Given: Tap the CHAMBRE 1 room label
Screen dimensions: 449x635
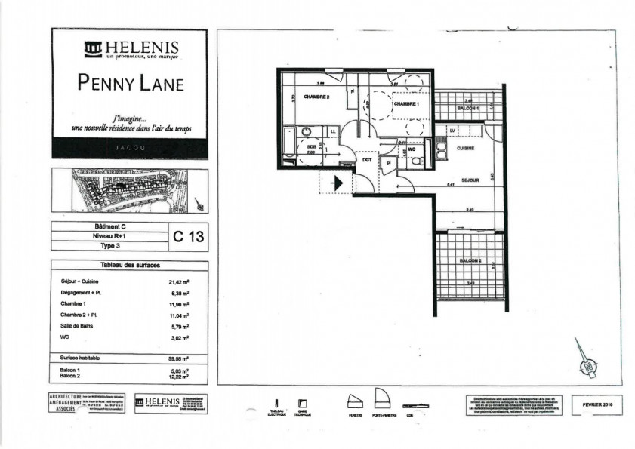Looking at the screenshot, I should (x=405, y=103).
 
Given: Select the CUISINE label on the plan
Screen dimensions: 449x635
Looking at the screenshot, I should (x=465, y=149).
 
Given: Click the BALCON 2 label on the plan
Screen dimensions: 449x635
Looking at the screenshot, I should (x=470, y=260).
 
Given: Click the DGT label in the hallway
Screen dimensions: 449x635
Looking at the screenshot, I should (x=367, y=160).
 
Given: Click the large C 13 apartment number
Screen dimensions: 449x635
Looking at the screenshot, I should (x=188, y=237).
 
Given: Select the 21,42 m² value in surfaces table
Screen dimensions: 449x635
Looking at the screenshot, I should (x=178, y=281).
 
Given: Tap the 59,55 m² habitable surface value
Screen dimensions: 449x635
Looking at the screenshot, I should (x=178, y=358).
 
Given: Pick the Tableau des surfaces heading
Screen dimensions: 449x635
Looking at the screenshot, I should (x=128, y=266).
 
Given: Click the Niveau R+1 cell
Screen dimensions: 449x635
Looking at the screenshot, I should (x=108, y=236).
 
